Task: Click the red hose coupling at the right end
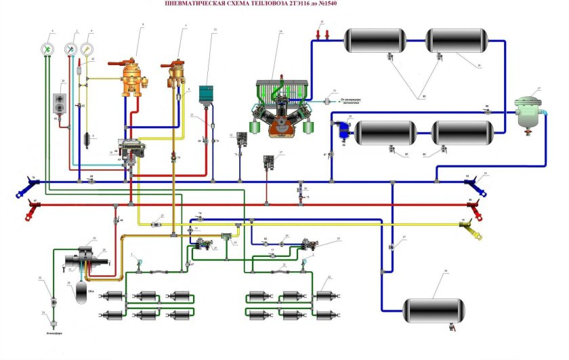click(478, 203)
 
